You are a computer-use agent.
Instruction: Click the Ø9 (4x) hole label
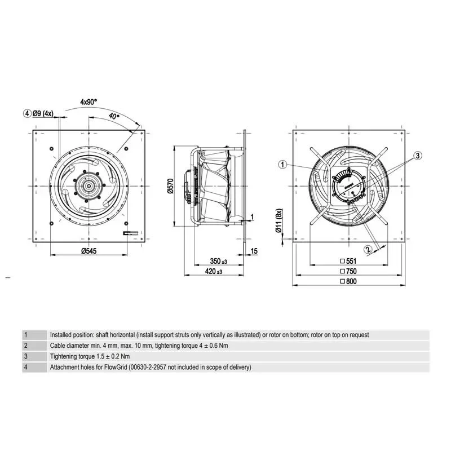coord(43,113)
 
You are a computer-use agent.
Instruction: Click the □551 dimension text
coord(349,261)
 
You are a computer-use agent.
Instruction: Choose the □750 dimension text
coord(349,271)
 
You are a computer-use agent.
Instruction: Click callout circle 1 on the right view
coord(283,164)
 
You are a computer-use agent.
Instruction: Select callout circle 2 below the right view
coord(368,248)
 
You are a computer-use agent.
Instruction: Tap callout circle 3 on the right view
coord(417,155)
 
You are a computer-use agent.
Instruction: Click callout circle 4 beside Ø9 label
coord(26,113)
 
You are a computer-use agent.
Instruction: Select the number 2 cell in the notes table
coord(26,346)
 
